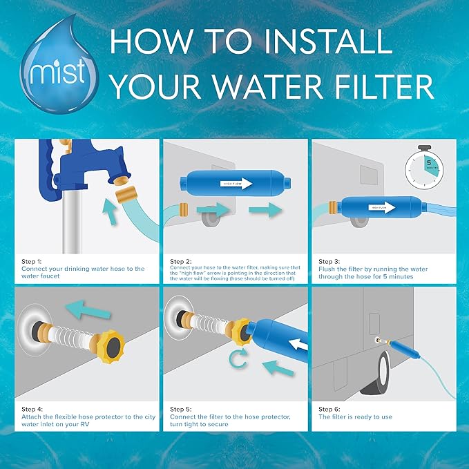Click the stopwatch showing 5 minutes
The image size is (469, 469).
click(423, 169)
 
